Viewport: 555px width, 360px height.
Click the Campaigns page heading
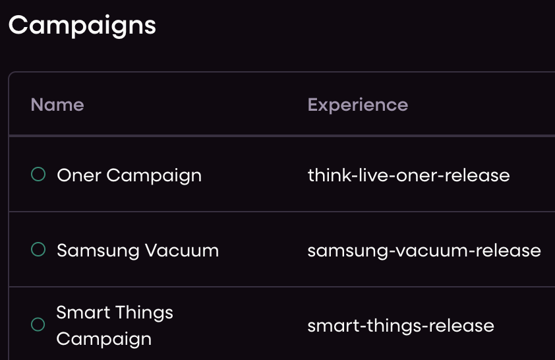pos(82,26)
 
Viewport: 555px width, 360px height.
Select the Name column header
pos(57,105)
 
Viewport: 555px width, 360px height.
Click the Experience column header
pos(358,105)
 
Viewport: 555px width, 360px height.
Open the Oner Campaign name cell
pos(129,176)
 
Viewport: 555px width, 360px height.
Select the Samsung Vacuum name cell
pos(138,251)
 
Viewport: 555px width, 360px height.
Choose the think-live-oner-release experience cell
pos(409,175)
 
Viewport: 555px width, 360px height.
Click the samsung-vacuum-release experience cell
pos(424,251)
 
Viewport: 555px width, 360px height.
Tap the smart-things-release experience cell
pos(401,326)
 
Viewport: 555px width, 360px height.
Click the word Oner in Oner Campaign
pos(79,175)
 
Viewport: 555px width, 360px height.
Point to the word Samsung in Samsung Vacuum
pos(98,251)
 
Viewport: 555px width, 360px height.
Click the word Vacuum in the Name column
pos(182,251)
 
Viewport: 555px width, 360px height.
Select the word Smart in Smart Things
pos(83,313)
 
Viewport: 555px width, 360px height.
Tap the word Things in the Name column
pos(144,313)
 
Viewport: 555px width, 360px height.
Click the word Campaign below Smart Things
pos(104,340)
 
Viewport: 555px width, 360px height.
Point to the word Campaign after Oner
pos(154,176)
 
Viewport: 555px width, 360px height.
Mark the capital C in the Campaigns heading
pos(18,25)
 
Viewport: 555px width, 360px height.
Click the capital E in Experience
pos(312,105)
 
